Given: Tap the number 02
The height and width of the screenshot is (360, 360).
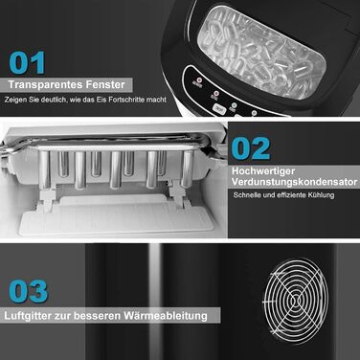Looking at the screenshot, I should (251, 148).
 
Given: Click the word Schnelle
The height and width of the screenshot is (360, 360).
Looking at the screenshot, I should (248, 195).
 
